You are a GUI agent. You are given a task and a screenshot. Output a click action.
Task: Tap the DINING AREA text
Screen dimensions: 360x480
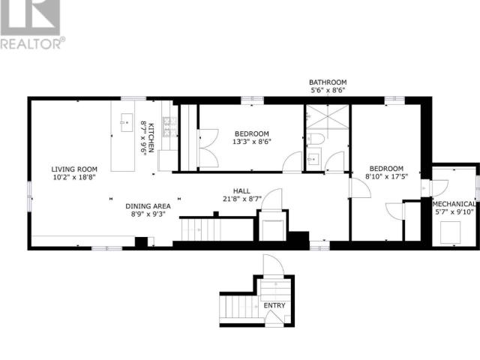pyautogui.click(x=148, y=205)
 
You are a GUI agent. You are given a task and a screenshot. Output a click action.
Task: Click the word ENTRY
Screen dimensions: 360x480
pyautogui.click(x=273, y=306)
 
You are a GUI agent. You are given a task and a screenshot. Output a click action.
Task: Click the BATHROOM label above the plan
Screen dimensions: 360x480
pyautogui.click(x=328, y=82)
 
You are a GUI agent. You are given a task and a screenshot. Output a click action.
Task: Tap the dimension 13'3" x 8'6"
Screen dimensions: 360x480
pyautogui.click(x=251, y=141)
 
